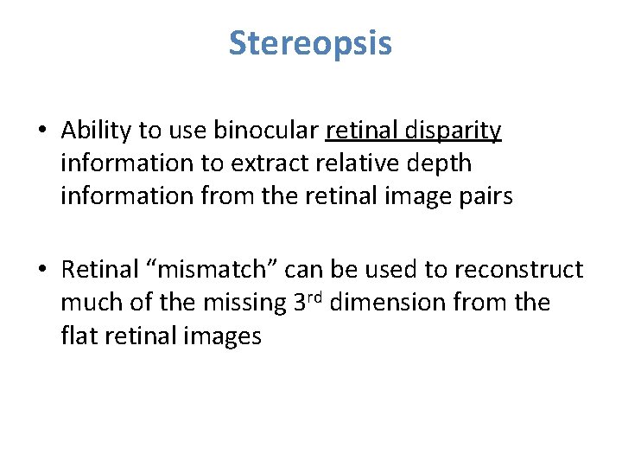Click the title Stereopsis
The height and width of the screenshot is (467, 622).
tap(310, 43)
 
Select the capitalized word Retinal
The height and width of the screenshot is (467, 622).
tap(96, 270)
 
